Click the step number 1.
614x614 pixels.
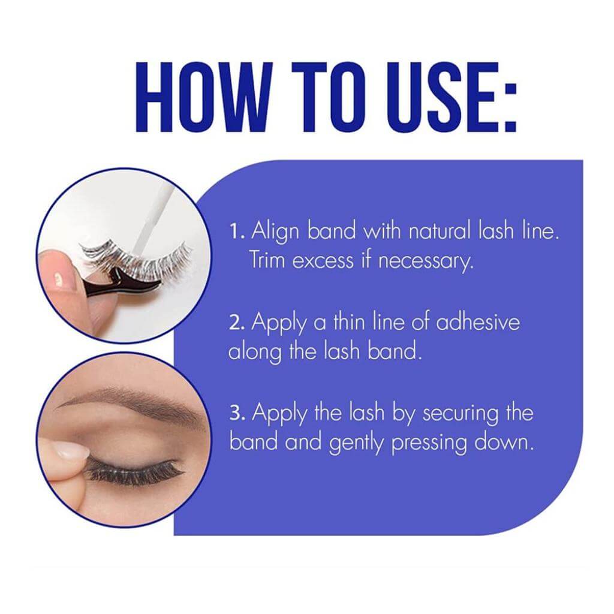point(236,231)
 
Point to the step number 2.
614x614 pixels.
point(236,323)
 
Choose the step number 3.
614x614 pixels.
point(237,413)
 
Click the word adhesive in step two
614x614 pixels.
point(478,322)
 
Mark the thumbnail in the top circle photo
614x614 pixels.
point(56,278)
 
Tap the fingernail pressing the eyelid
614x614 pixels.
point(73,450)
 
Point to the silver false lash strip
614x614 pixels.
point(135,257)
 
